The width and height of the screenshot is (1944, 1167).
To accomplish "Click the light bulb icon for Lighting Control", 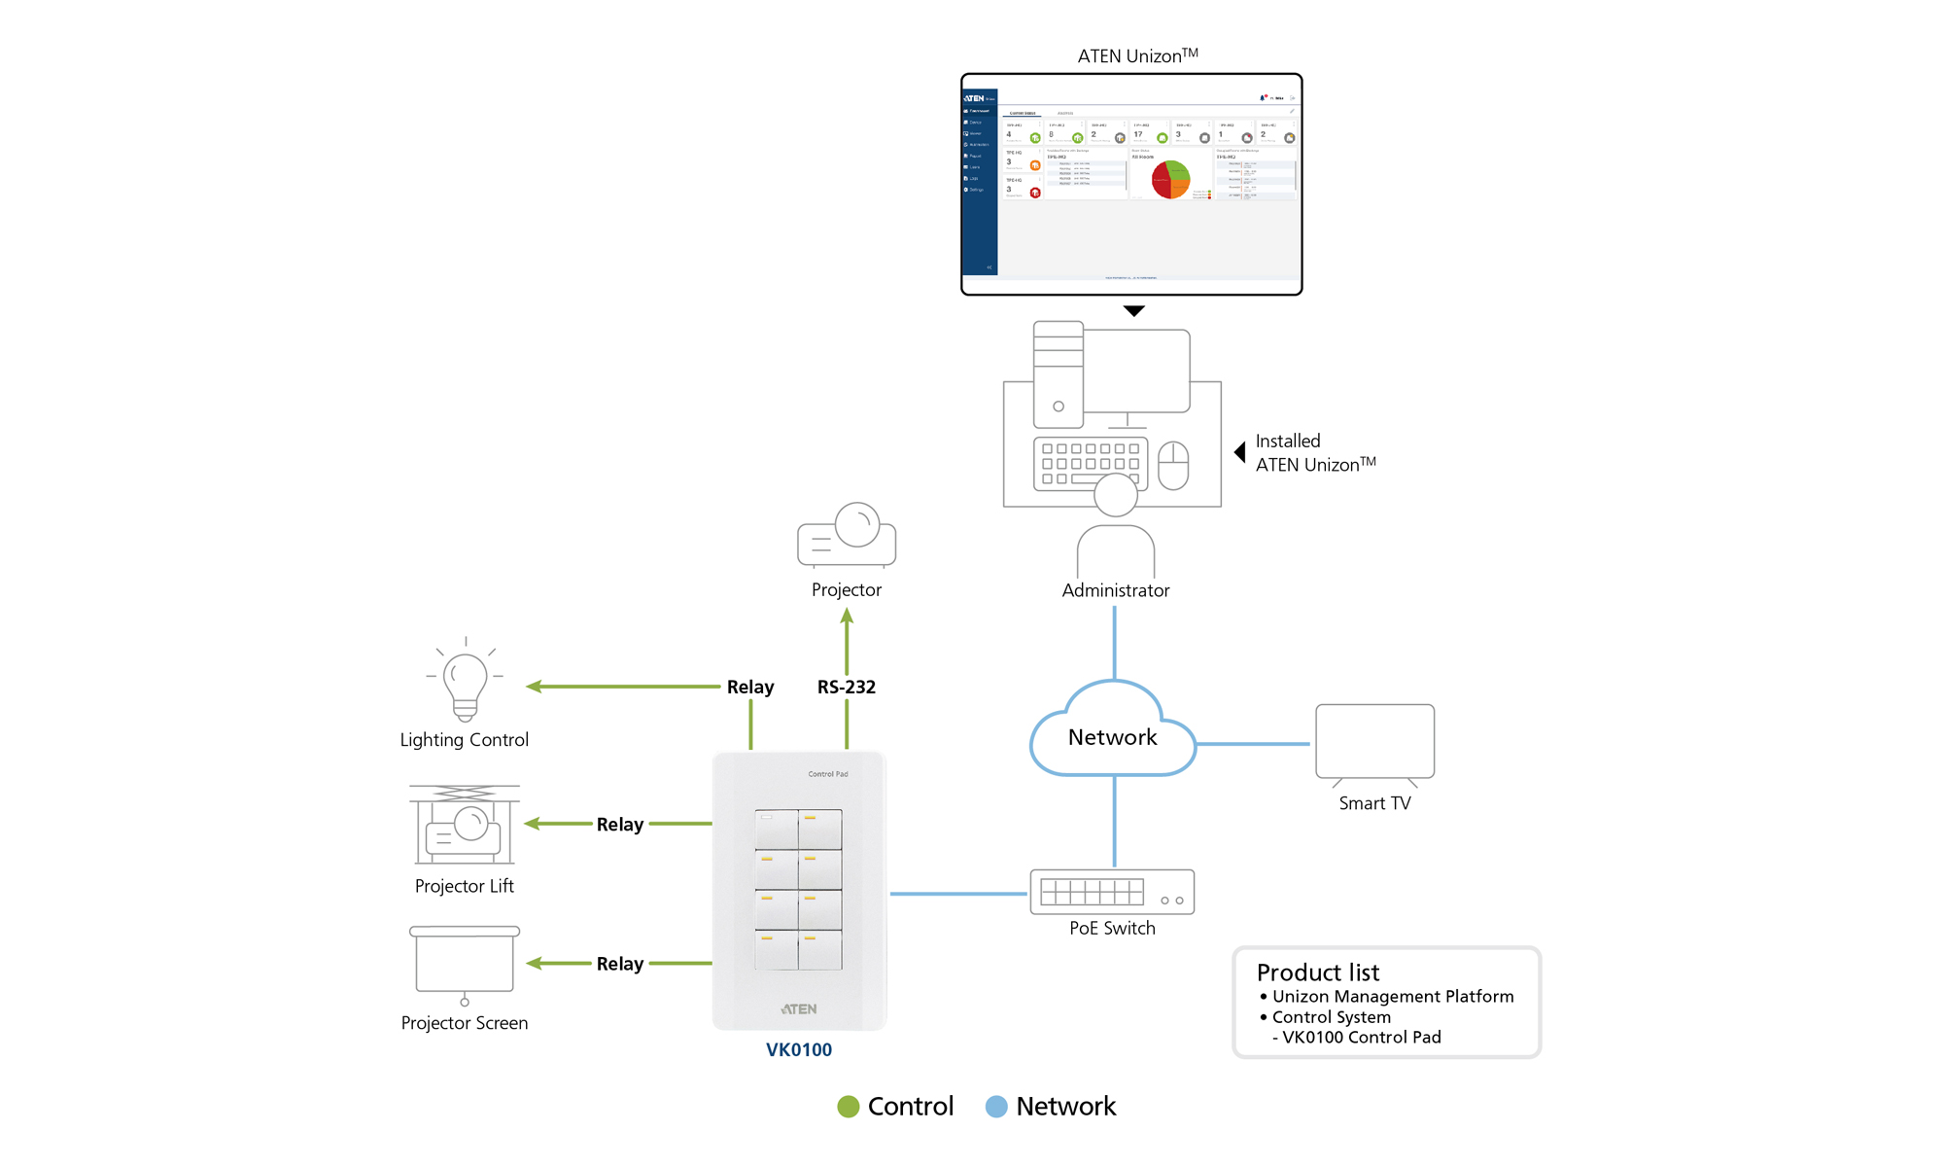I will click(x=465, y=682).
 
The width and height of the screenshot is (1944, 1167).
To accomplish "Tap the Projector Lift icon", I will click(x=465, y=825).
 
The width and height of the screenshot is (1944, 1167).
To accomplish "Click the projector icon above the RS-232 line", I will click(x=847, y=535).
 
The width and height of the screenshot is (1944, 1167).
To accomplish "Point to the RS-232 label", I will click(x=847, y=688).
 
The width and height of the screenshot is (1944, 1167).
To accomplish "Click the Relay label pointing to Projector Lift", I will click(x=620, y=825).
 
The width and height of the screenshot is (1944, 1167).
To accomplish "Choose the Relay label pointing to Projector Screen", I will click(x=620, y=964).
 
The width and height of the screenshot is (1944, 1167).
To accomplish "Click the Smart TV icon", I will click(x=1374, y=743).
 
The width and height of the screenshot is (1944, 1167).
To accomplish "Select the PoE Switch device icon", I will click(x=1112, y=892).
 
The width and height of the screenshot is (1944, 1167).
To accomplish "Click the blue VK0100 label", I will click(x=799, y=1050).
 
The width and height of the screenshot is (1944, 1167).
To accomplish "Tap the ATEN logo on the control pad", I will click(x=799, y=1009).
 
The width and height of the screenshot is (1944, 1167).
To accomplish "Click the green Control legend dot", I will click(x=849, y=1107).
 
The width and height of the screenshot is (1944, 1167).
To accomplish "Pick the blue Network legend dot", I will click(x=996, y=1107).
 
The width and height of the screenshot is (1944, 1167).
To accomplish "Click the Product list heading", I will click(x=1317, y=972).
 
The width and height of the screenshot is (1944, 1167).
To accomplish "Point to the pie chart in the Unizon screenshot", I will click(x=1170, y=180).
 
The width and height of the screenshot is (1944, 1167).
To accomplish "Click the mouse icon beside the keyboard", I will click(x=1173, y=465).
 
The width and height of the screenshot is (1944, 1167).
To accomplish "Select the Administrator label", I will click(x=1116, y=590).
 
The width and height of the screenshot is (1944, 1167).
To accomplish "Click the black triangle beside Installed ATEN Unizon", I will click(x=1240, y=452).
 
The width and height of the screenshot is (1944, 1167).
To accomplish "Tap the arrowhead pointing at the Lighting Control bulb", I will click(x=534, y=687).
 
